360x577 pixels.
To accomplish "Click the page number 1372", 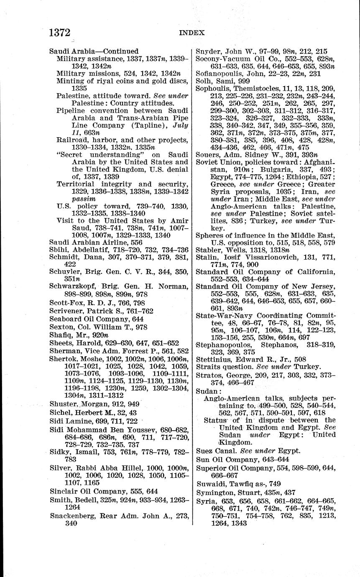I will (59, 33).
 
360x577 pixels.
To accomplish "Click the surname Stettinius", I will (213, 359).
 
